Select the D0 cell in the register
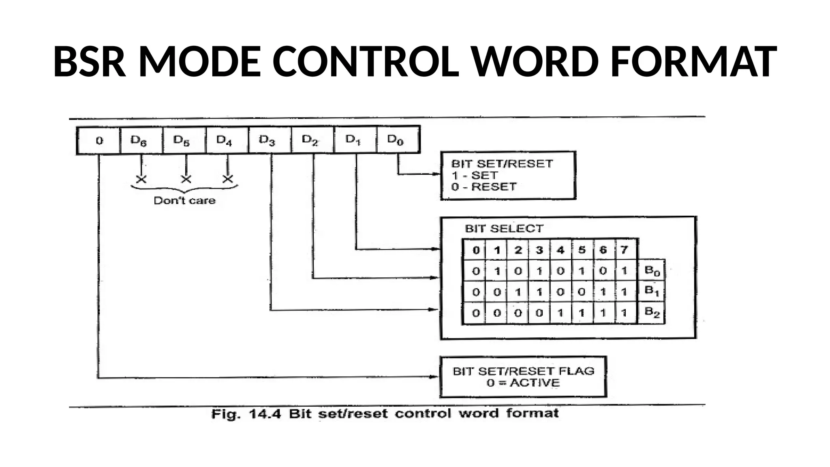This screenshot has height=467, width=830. point(396,140)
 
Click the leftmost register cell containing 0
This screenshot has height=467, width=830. point(99,141)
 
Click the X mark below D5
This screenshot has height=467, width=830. point(186,179)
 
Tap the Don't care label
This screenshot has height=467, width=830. point(184,201)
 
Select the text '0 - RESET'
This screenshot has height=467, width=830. point(484,187)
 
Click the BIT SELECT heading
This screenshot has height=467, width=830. point(504,229)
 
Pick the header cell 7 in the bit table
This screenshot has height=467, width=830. point(624,250)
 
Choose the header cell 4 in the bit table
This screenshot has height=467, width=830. point(560,250)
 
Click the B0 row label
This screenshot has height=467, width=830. point(652,270)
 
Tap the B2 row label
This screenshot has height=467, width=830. point(652,312)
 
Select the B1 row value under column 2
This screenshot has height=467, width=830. point(518,292)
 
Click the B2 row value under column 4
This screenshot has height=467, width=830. point(560,313)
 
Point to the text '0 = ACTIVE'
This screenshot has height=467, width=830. point(523,383)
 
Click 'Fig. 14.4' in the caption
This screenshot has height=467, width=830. point(246,414)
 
